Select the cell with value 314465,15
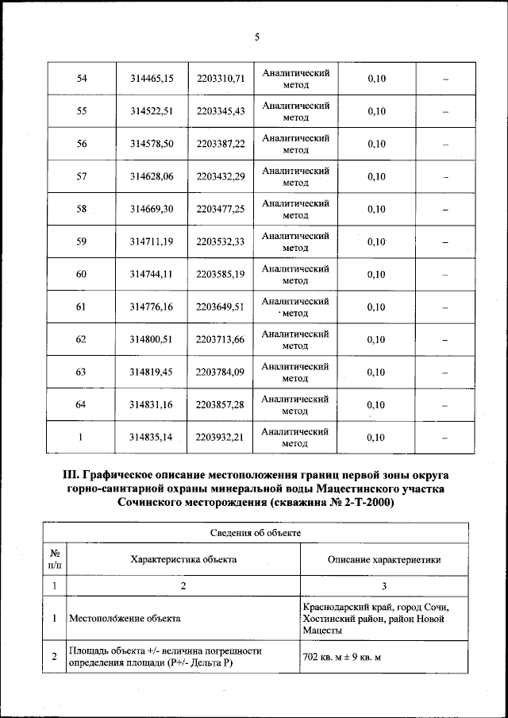point(152,79)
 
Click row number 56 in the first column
point(81,144)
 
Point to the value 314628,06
point(152,176)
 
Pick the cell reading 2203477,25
point(220,209)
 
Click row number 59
point(81,241)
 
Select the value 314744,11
point(152,274)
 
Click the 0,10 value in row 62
point(376,339)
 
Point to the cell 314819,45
point(152,372)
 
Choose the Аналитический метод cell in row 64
point(295,404)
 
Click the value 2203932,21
point(220,437)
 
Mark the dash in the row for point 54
point(445,79)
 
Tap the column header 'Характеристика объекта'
point(183,559)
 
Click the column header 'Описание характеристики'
point(384,559)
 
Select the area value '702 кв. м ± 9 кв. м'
point(342,657)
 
